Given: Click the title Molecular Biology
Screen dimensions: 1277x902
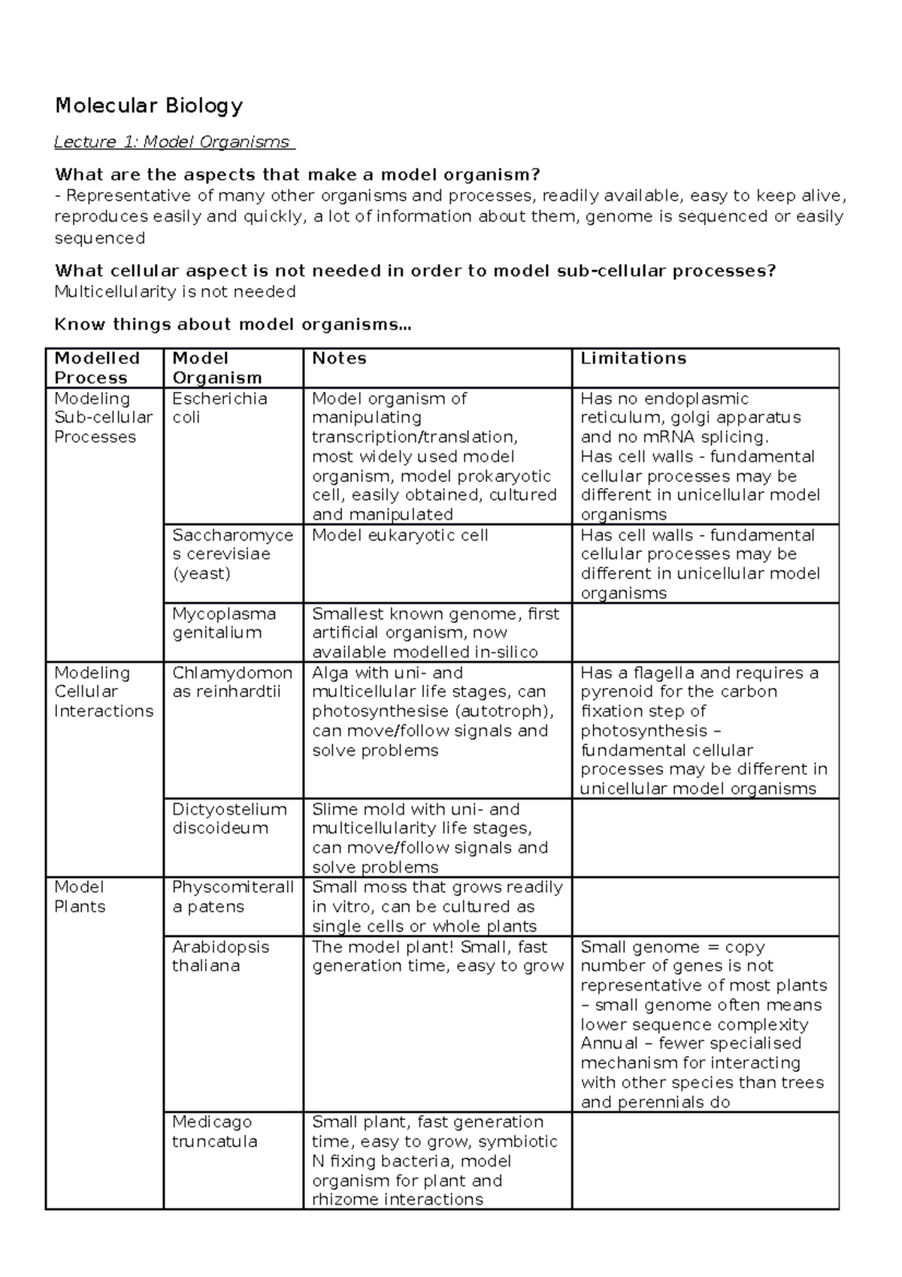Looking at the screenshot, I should tap(149, 105).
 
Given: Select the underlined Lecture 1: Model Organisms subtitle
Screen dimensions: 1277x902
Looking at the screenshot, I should tap(174, 142).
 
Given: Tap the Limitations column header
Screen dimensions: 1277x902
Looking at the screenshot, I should tap(633, 359).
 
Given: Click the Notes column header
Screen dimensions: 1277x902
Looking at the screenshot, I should tap(339, 359).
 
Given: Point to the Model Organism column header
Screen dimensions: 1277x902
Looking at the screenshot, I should tap(216, 368).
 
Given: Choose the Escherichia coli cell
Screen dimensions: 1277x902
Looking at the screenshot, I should tap(219, 408).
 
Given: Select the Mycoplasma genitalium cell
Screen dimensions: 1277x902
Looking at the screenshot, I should tap(224, 623).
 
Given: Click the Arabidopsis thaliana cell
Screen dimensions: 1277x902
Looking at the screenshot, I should tap(220, 956).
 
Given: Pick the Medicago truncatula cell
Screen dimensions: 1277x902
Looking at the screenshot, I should tap(214, 1131).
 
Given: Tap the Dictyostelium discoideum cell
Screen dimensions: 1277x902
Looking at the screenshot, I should tap(229, 818).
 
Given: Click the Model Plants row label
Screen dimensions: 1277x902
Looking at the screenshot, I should tap(80, 896).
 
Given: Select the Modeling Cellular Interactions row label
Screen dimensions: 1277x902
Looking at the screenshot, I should tap(103, 692).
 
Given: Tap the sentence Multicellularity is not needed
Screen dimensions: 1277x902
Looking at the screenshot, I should tap(175, 292).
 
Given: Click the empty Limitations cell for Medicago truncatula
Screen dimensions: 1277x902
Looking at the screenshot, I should tap(704, 1160).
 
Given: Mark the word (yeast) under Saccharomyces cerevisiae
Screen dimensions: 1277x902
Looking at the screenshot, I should tap(201, 574).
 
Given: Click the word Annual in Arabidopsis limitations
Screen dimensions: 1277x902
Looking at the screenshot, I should tap(610, 1044).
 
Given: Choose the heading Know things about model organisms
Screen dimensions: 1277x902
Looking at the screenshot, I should tap(233, 325).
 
